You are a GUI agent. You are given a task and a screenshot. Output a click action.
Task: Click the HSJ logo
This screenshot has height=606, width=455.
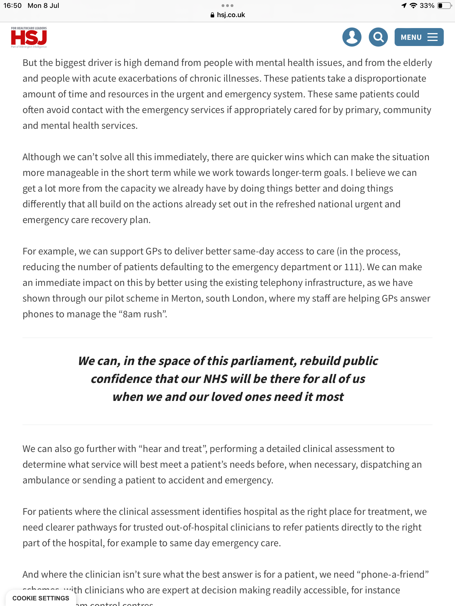(x=29, y=37)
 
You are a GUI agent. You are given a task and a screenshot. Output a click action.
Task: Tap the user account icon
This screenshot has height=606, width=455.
(x=352, y=37)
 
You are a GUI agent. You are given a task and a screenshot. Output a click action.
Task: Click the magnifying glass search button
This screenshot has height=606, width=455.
(x=378, y=37)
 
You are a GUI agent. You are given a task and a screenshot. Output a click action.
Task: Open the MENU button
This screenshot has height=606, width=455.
(x=419, y=37)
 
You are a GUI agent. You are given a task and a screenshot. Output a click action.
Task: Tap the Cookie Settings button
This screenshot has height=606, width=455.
(x=41, y=598)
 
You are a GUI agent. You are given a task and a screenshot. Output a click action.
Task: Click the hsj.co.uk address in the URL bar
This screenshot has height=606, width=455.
(x=231, y=15)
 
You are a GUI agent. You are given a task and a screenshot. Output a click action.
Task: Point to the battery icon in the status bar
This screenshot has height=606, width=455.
(x=444, y=6)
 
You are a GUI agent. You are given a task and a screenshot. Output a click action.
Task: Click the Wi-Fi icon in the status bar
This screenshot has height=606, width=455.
(x=413, y=6)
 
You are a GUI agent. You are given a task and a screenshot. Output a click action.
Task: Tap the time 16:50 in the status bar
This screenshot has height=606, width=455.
(x=12, y=6)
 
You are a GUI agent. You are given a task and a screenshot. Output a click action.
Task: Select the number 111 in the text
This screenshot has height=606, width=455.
(x=351, y=267)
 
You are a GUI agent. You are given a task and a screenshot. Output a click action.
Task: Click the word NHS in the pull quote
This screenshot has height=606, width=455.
(x=215, y=379)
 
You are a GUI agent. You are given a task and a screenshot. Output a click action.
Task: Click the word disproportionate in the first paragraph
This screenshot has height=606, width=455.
(x=390, y=78)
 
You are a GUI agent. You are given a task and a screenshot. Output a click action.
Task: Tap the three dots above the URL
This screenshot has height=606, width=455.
(x=227, y=6)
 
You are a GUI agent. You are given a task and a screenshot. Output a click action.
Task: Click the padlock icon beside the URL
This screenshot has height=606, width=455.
(x=212, y=15)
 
